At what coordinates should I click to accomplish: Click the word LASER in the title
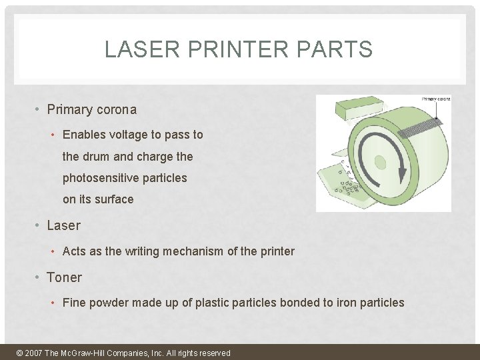coord(133,49)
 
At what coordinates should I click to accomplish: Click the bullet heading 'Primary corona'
coord(91,110)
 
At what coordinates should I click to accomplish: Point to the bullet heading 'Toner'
coord(64,277)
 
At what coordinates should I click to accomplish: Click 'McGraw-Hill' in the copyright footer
coord(87,353)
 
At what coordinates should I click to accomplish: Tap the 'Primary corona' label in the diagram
coord(436,99)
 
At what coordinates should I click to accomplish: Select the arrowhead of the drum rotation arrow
coord(402,174)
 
